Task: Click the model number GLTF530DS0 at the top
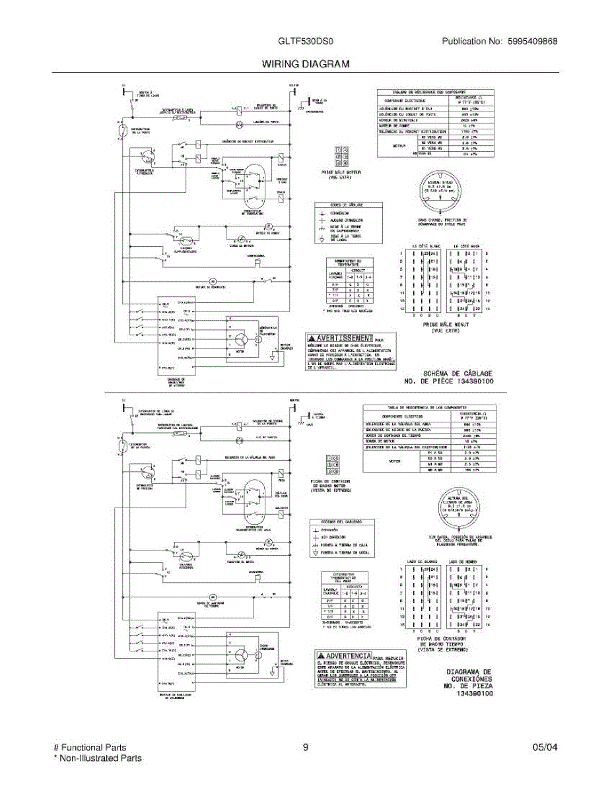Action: tap(306, 41)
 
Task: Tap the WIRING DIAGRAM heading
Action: tap(306, 64)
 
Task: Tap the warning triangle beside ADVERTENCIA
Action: tap(321, 655)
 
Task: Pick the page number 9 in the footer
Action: tap(306, 748)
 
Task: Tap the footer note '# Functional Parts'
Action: tap(90, 748)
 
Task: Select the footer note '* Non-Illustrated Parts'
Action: tap(97, 758)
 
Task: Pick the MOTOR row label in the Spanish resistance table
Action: tap(395, 460)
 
